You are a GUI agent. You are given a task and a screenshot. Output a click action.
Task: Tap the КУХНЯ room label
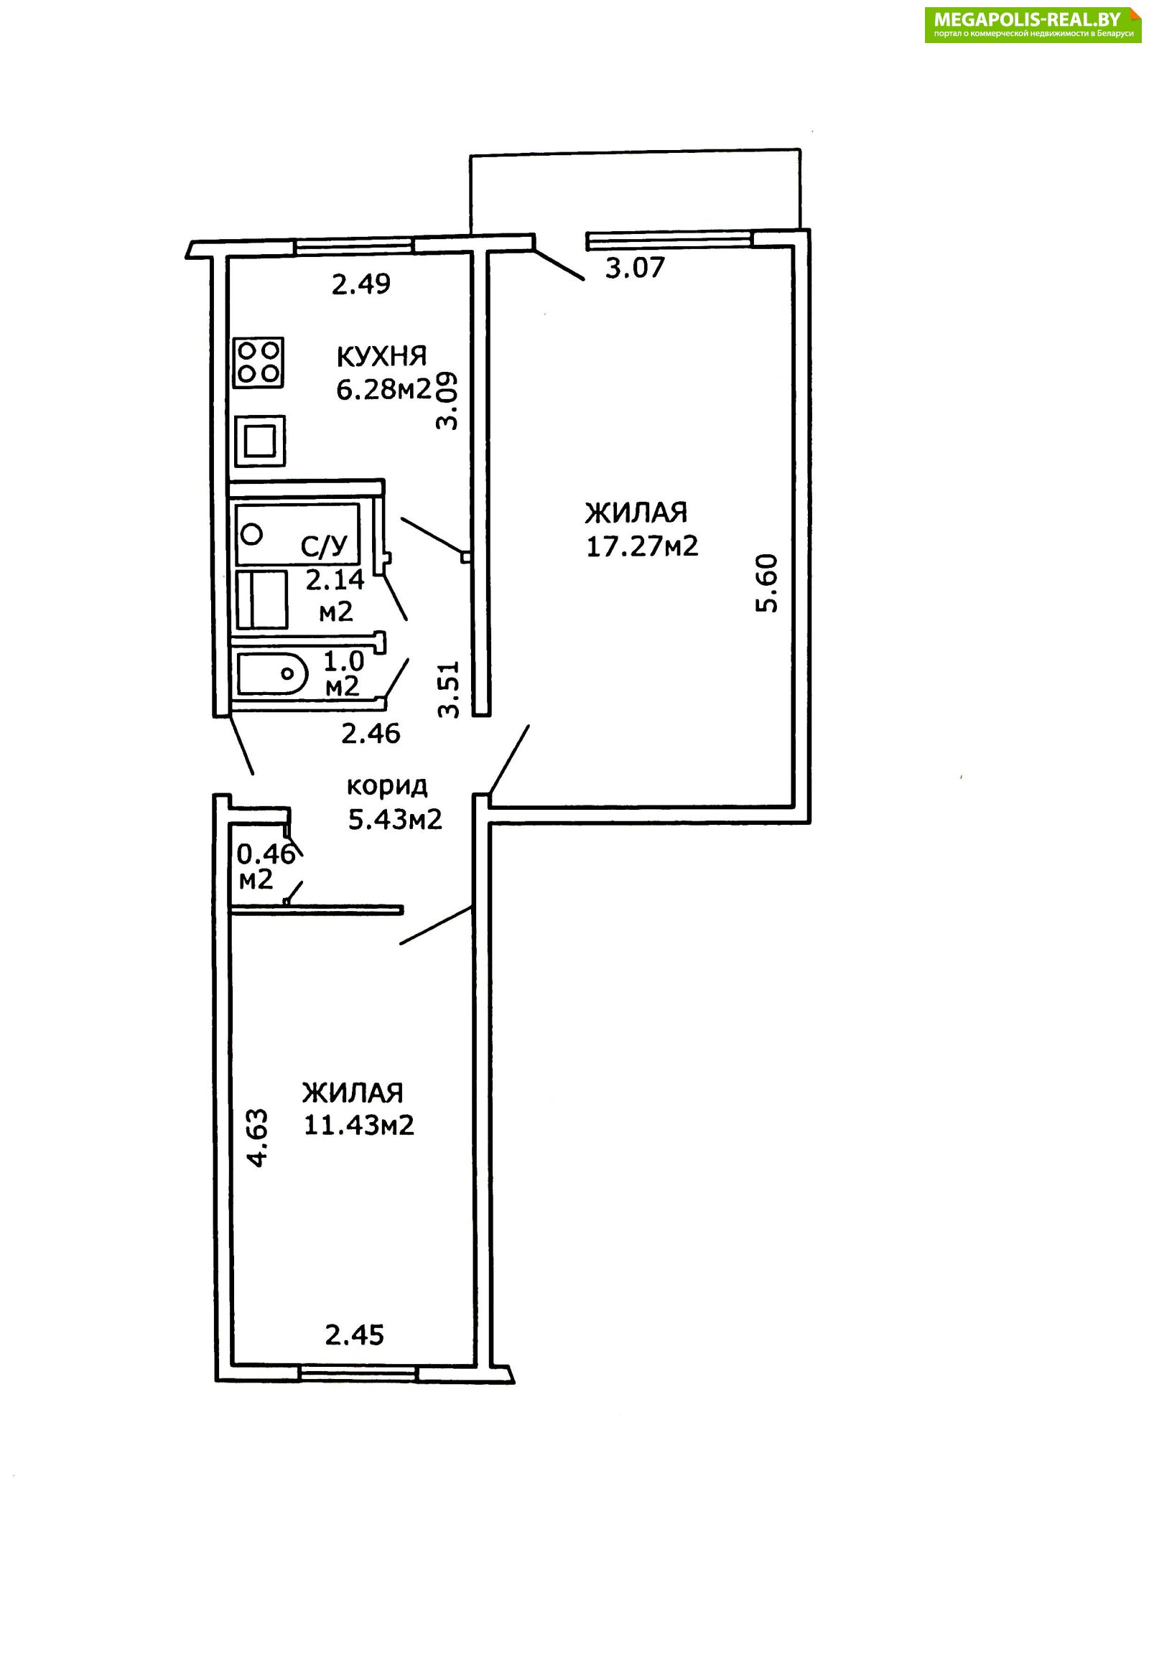tap(381, 356)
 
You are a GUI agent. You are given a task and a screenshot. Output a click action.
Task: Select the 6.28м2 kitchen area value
tap(383, 389)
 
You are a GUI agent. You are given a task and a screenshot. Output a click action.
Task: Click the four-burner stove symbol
tap(259, 363)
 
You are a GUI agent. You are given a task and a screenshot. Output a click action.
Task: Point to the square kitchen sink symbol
tap(260, 441)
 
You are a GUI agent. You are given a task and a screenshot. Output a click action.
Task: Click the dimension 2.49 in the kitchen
tap(360, 284)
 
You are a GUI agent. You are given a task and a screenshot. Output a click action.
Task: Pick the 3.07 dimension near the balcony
tap(634, 268)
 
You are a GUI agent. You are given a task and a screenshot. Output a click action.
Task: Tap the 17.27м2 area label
tap(642, 546)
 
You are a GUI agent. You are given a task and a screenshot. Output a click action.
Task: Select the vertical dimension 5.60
tap(768, 583)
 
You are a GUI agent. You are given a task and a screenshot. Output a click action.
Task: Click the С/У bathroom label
tap(324, 547)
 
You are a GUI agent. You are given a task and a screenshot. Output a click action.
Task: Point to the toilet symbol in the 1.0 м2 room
tap(272, 674)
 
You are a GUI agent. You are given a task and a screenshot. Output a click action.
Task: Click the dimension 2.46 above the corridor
tap(370, 734)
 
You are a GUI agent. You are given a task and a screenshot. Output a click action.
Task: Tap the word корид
tap(387, 785)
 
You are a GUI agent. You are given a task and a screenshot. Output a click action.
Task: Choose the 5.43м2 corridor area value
tap(394, 818)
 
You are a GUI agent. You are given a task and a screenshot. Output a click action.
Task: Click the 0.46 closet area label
tap(266, 854)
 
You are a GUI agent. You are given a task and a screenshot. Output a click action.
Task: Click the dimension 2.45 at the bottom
tap(354, 1335)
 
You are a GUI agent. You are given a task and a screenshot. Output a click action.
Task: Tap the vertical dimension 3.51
tap(449, 688)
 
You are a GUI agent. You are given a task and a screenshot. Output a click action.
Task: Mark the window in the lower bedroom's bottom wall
tap(358, 1374)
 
